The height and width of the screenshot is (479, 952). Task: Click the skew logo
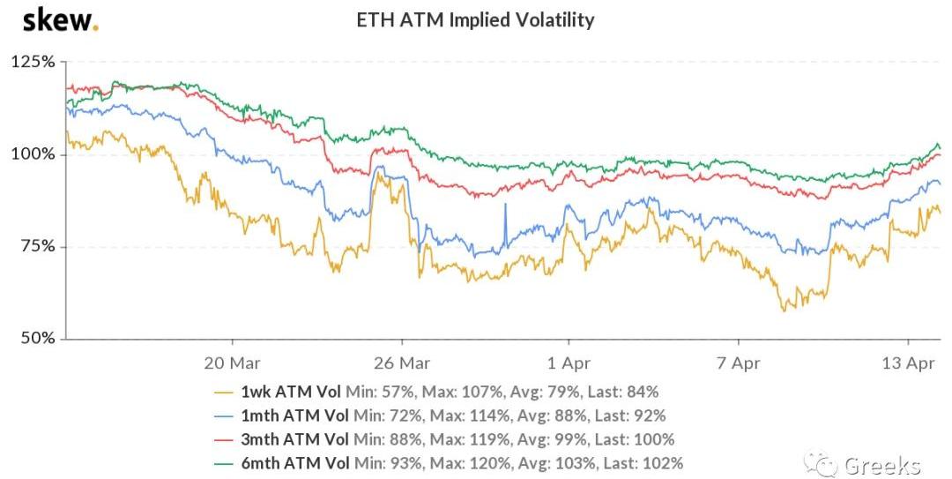60,19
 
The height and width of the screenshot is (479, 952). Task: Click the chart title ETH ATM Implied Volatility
475,19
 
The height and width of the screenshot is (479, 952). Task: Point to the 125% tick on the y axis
33,63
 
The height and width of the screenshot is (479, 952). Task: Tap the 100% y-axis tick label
33,154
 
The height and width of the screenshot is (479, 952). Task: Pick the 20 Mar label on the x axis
231,363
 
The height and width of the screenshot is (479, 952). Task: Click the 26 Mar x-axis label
401,363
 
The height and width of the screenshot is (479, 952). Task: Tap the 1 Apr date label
569,363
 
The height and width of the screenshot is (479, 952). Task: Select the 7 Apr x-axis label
738,363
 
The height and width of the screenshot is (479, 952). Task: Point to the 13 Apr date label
909,363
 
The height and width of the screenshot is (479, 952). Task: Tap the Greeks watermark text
881,465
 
